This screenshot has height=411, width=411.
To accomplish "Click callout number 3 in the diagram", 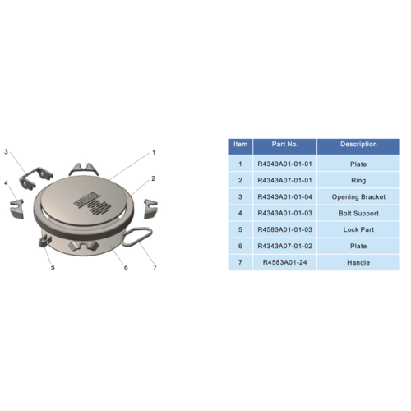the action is click(6, 151).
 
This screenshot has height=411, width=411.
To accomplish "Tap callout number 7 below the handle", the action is click(155, 267).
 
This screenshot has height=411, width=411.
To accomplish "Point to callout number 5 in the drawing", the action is click(53, 267).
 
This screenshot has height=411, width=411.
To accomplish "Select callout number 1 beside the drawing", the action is click(154, 152).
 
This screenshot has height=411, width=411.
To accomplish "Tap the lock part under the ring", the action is click(44, 241).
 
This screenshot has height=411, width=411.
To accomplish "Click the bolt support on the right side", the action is click(150, 209).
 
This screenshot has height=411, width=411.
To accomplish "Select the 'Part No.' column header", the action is click(284, 144).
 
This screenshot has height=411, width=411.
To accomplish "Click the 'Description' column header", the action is click(358, 144).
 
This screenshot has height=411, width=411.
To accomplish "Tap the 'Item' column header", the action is click(240, 144).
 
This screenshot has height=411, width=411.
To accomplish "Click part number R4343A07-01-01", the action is click(284, 180).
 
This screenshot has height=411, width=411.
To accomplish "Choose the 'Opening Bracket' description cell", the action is click(358, 196).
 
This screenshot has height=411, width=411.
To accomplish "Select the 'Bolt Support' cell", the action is click(358, 213).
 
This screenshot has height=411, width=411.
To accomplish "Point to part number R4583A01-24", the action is click(284, 262).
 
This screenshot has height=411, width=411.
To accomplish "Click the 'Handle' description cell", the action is click(358, 262).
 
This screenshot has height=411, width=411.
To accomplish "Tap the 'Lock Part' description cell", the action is click(358, 229).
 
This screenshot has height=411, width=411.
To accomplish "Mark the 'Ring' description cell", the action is click(358, 180).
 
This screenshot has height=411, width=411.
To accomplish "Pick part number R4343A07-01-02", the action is click(284, 246).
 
